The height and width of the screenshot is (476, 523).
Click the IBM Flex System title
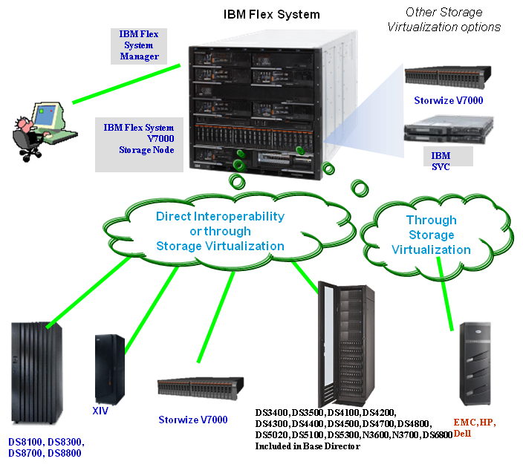pyautogui.click(x=271, y=15)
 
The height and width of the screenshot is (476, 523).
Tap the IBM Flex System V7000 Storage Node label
pyautogui.click(x=139, y=140)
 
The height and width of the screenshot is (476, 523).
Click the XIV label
pyautogui.click(x=100, y=410)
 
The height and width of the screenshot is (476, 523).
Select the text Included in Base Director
pyautogui.click(x=308, y=446)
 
